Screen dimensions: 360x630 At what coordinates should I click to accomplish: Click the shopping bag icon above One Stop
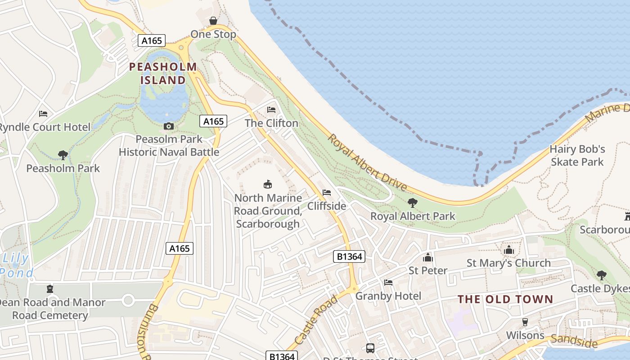213,21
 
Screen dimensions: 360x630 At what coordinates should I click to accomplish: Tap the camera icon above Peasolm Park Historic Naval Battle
169,126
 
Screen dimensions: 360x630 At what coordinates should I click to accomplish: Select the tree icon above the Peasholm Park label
63,155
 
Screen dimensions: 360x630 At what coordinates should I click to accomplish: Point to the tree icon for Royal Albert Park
412,203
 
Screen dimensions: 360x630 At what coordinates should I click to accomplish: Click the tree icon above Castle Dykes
601,275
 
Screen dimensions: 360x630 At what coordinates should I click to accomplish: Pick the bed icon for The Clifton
271,110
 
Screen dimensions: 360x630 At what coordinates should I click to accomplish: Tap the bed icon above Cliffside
327,193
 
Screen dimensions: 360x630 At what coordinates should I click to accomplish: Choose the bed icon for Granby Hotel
388,283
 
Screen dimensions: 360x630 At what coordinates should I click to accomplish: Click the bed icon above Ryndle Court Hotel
43,114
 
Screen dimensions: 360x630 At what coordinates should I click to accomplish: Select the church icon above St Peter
427,257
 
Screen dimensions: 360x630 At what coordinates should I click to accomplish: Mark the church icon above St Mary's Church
509,250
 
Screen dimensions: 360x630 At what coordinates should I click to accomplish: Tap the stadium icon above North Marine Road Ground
268,184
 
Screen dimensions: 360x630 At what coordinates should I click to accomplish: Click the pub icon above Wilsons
525,322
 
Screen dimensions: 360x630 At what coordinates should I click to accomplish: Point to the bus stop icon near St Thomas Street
370,348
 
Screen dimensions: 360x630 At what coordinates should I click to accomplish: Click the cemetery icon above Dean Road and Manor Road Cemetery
49,289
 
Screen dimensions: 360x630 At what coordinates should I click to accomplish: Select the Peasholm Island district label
163,74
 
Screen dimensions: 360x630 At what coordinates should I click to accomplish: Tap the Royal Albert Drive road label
367,163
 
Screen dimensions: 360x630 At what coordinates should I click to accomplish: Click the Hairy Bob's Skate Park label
577,155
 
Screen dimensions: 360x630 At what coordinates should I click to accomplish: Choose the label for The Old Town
505,299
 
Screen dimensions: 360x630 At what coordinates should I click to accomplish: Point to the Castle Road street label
316,319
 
